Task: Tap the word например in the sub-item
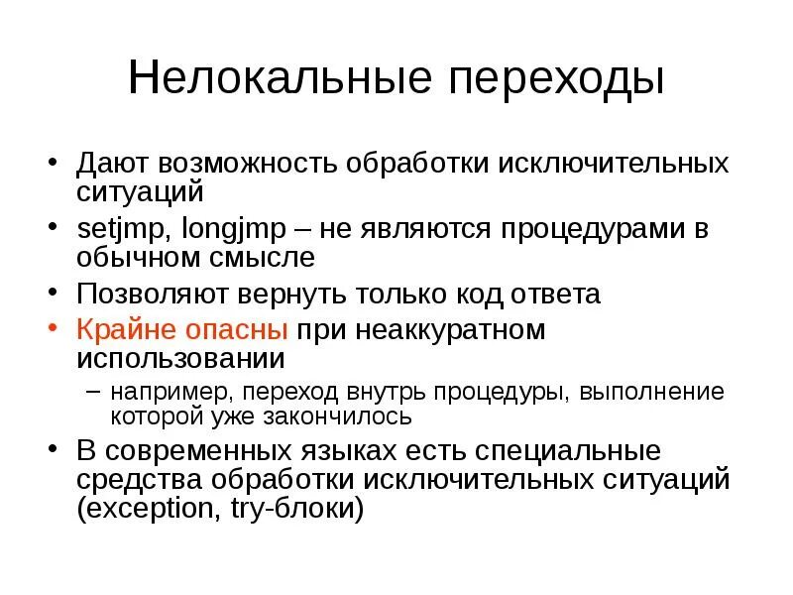pyautogui.click(x=166, y=392)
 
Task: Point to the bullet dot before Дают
pyautogui.click(x=53, y=162)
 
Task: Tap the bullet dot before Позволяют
pyautogui.click(x=53, y=294)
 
